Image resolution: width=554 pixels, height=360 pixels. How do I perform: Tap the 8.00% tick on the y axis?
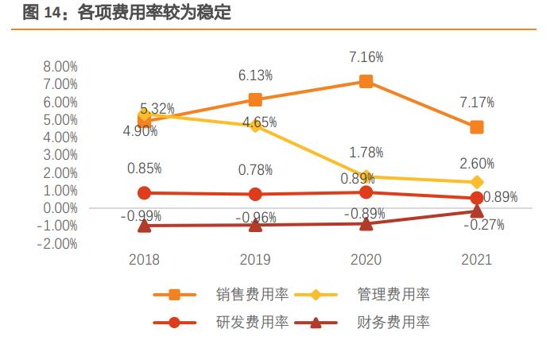[60, 67]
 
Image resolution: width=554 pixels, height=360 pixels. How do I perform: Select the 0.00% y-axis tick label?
[60, 208]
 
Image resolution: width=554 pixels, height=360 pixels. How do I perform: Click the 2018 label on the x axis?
[144, 260]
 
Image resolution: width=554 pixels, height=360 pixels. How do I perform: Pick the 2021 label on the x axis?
[476, 260]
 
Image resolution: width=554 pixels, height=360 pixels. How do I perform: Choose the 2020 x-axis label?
[366, 260]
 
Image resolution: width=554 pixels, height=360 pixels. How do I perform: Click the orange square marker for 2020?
[366, 81]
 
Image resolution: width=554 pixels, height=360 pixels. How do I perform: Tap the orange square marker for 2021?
[476, 127]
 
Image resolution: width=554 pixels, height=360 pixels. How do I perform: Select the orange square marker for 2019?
[255, 99]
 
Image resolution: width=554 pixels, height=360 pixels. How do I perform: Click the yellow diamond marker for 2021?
[476, 182]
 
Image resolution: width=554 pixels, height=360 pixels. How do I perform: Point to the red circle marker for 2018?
[144, 192]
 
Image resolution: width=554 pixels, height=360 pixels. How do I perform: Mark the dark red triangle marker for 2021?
[476, 211]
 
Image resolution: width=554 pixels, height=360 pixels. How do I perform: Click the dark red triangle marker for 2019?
[255, 225]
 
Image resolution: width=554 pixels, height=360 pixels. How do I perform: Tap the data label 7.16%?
[366, 57]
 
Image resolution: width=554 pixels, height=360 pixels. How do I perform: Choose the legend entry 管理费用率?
[393, 295]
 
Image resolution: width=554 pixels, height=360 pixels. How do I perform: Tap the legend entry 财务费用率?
[393, 323]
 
